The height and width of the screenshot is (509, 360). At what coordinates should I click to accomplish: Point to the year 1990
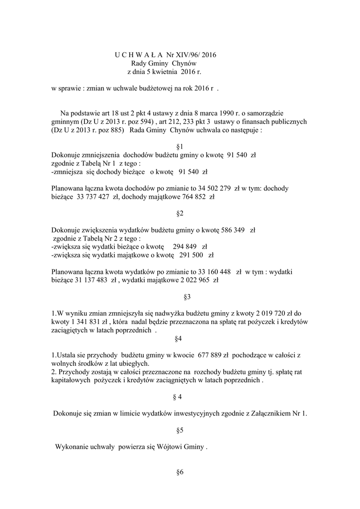click(x=239, y=113)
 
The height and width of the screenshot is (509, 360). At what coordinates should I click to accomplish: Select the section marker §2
click(x=180, y=214)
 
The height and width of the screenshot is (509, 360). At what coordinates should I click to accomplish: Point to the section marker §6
click(x=180, y=472)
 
